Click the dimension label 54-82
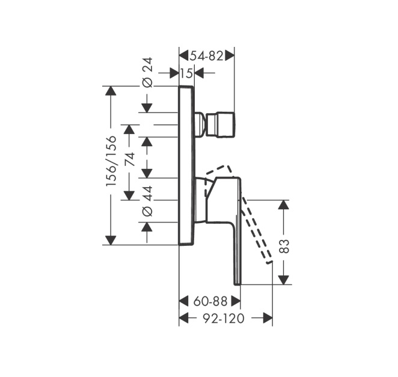point(207,56)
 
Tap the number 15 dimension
point(186,73)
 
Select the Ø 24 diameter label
point(147,73)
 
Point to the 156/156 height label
point(111,162)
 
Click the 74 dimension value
point(129,159)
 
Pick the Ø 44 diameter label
point(147,201)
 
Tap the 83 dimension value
point(284,246)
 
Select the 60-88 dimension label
point(210,301)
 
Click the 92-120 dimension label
point(224,318)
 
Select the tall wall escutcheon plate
point(187,165)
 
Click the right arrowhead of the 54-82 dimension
point(230,55)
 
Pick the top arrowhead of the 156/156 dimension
point(111,91)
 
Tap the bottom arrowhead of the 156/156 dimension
point(111,240)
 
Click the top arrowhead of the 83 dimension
point(284,204)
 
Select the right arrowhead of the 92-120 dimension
point(268,318)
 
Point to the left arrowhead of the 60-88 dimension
point(184,301)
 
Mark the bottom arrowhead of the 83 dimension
point(284,280)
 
